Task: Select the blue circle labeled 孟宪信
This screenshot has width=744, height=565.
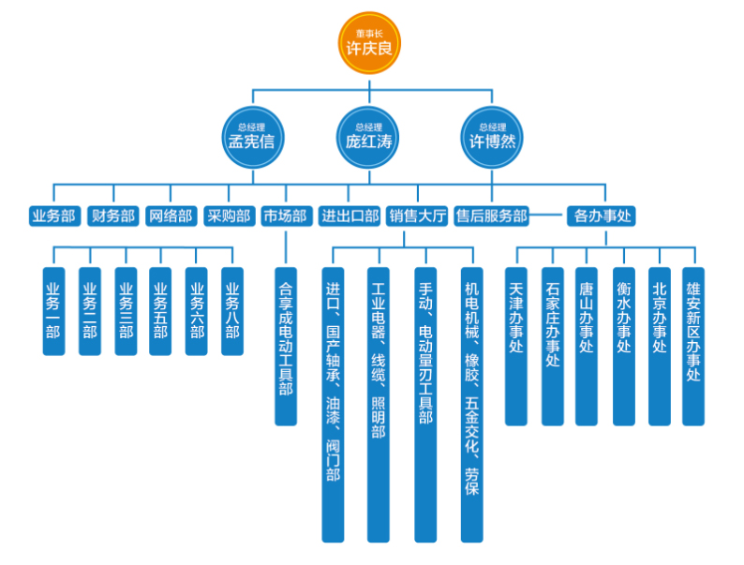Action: pos(252,137)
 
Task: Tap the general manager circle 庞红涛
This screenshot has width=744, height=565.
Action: pos(369,137)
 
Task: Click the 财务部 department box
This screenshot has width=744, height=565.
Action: pos(112,216)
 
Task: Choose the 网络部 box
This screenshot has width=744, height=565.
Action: pos(171,216)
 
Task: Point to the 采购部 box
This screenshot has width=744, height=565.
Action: pos(229,216)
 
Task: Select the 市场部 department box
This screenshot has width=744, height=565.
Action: pos(285,216)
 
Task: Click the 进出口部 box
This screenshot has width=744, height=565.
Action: pos(350,216)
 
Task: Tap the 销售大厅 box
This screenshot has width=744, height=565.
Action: pos(417,216)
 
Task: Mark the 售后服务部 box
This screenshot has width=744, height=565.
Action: pos(491,216)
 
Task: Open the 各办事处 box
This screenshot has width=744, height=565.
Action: pos(601,216)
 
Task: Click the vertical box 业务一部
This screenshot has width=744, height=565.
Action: pos(54,311)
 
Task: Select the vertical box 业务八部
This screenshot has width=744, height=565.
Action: pos(232,311)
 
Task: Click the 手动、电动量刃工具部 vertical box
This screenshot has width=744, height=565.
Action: pos(425,404)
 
